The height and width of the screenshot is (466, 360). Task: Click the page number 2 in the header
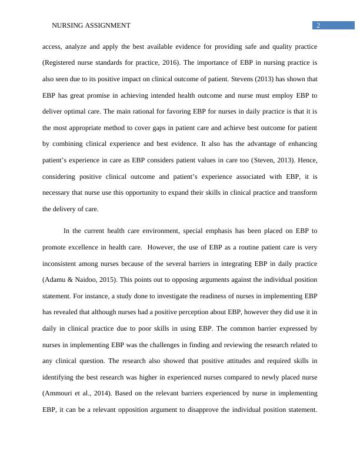point(318,25)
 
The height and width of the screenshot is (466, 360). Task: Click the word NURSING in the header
point(66,25)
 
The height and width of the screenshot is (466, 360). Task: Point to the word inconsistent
point(61,263)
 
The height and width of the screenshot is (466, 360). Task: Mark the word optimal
point(82,111)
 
